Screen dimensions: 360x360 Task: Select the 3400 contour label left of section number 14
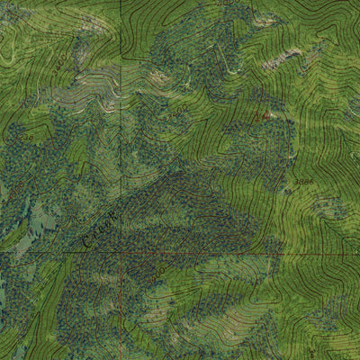(177, 114)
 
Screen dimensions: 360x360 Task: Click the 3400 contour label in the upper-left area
(59, 64)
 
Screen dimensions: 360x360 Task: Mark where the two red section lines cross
(120, 254)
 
